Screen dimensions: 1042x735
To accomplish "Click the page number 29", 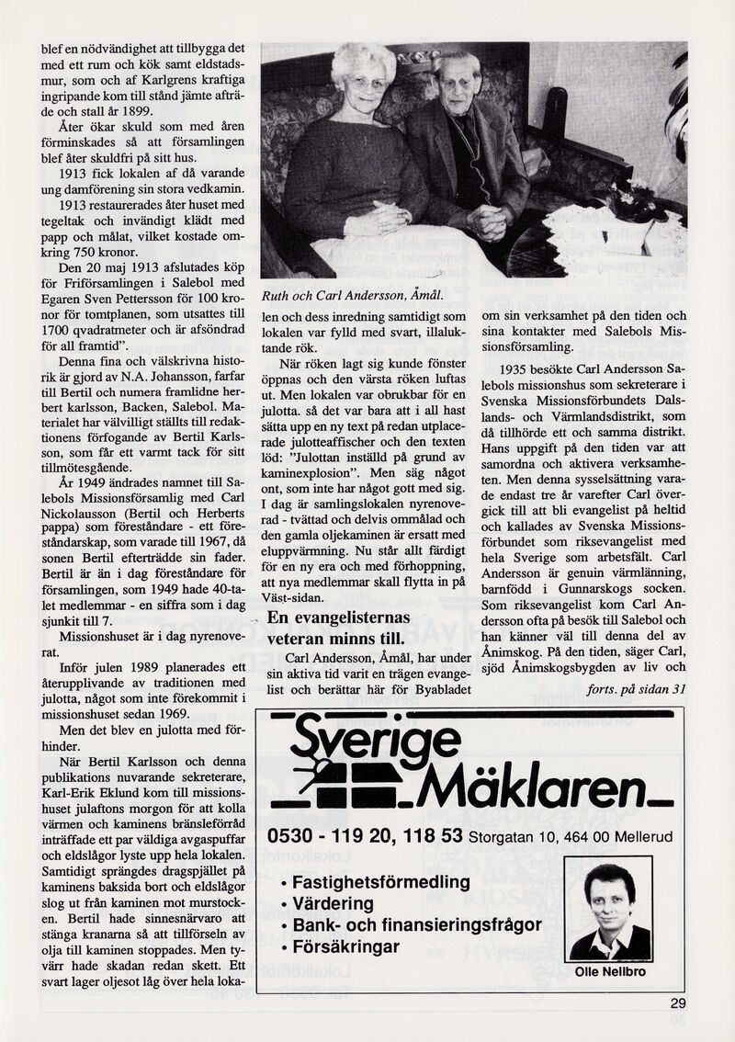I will click(x=678, y=1003).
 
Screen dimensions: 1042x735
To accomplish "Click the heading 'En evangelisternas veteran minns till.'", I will click(x=334, y=629).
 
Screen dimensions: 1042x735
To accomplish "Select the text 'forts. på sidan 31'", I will click(x=635, y=689).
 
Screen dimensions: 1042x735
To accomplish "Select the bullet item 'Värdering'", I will click(x=332, y=904).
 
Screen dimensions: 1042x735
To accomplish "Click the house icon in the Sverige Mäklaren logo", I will click(x=340, y=781).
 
